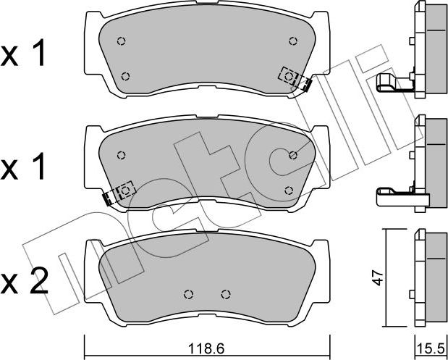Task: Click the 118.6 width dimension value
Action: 206,348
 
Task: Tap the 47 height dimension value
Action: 378,278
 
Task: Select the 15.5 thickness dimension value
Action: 431,349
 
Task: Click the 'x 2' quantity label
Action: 25,281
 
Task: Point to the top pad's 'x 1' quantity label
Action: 23,53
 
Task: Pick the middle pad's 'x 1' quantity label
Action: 23,166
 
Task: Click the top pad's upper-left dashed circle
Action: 121,41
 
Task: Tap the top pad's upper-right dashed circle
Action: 293,41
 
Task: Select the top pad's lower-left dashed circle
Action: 125,76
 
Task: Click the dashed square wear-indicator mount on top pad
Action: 289,76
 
